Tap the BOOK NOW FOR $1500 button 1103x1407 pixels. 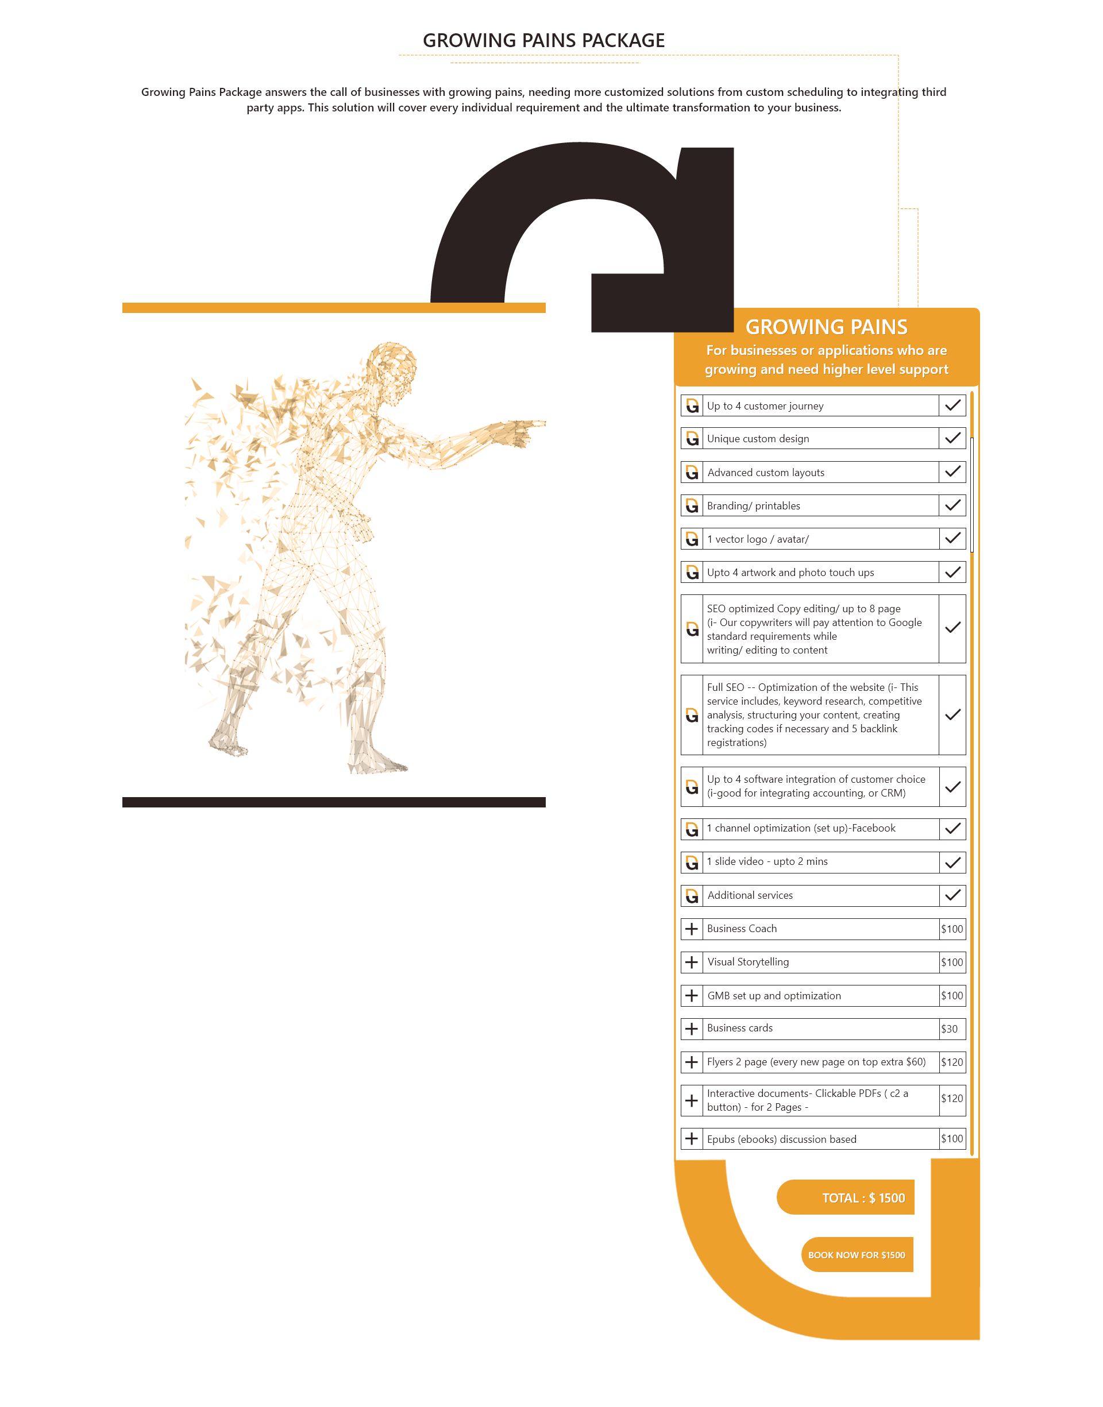pos(857,1255)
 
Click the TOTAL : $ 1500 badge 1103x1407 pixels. pos(846,1198)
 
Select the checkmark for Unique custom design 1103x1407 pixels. pos(952,438)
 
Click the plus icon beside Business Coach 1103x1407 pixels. pos(692,929)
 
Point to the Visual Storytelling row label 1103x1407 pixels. pos(748,962)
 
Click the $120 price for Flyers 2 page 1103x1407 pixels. pos(951,1062)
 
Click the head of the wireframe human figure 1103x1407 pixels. pos(391,365)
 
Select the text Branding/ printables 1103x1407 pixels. pos(753,506)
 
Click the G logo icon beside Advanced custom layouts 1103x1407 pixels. pos(692,473)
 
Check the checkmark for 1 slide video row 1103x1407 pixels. pos(952,862)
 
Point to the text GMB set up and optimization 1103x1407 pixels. pos(774,996)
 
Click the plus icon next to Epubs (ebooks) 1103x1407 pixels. pos(692,1138)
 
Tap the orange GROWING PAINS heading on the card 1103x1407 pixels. pos(826,327)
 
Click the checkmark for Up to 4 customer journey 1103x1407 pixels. pos(952,405)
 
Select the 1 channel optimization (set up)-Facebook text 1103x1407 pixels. pos(801,828)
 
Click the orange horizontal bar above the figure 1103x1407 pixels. pos(333,308)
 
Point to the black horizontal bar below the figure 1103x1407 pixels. pos(333,802)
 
